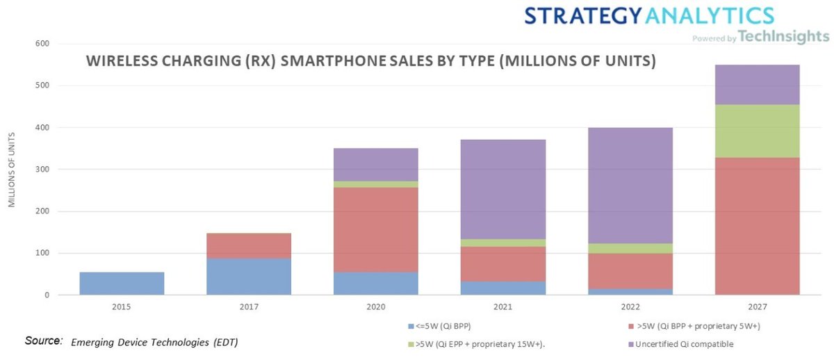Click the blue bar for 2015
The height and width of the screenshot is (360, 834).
(122, 284)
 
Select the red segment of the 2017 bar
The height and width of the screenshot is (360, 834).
(249, 246)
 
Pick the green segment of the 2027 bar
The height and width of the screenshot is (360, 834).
(758, 131)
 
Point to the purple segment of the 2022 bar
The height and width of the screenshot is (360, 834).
(630, 186)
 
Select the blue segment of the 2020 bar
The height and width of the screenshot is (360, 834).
(376, 284)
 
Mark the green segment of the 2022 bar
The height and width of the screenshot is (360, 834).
(630, 248)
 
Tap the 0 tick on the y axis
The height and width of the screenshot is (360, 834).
(46, 295)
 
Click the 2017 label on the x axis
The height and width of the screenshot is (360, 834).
(249, 306)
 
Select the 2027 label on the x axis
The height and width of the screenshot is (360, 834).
(758, 306)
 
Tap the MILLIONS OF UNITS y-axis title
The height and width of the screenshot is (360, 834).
(12, 170)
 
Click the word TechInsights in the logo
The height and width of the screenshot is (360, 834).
(783, 37)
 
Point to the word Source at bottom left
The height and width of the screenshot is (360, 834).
(43, 341)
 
